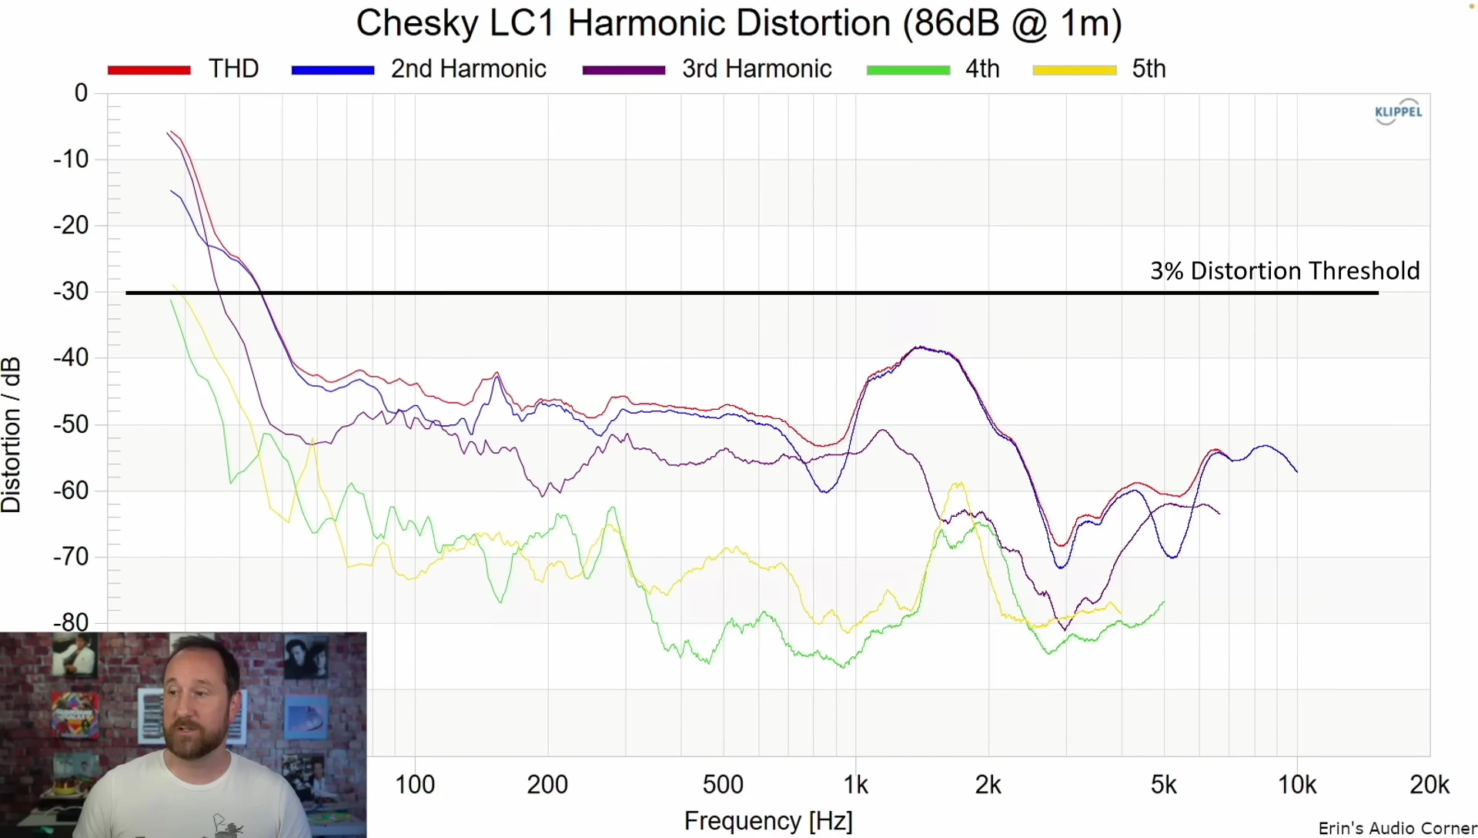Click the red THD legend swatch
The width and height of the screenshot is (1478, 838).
[149, 70]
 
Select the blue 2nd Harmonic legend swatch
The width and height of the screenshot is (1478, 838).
[333, 70]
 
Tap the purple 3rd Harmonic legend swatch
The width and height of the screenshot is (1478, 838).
[624, 70]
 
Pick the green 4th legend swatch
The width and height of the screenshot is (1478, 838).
[908, 70]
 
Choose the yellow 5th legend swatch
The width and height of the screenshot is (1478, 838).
[1074, 70]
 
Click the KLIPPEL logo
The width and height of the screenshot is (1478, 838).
[1398, 112]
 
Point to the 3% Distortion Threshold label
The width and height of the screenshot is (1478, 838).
[1284, 271]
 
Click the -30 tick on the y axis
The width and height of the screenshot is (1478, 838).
[71, 291]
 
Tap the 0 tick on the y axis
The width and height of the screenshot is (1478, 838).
[81, 93]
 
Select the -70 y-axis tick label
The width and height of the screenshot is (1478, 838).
[71, 556]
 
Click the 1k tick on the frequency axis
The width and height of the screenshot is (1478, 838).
[855, 785]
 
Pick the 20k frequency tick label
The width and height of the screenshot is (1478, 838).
[1429, 785]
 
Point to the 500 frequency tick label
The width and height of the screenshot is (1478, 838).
[723, 785]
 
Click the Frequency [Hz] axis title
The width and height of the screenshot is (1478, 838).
[768, 821]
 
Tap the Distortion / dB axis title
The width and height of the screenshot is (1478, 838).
[12, 435]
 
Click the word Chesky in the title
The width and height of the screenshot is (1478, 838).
[416, 23]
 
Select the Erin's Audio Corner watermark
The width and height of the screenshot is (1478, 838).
[1396, 829]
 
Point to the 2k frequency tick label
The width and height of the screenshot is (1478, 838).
[988, 785]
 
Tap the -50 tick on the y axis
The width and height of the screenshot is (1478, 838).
[71, 424]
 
